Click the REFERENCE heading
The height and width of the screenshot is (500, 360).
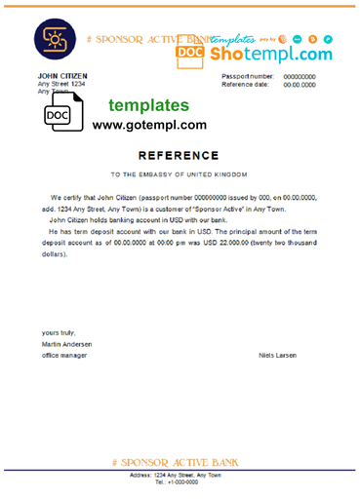click(180, 154)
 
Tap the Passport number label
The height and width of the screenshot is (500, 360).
click(248, 76)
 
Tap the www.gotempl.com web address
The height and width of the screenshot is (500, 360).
click(149, 125)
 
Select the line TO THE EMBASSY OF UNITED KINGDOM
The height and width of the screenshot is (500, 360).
click(180, 174)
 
